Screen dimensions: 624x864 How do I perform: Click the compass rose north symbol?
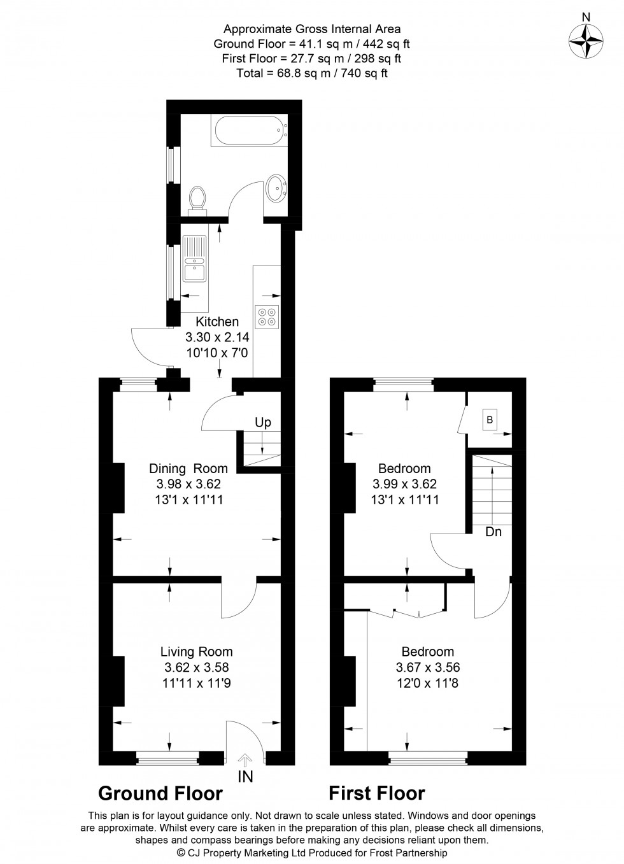(586, 41)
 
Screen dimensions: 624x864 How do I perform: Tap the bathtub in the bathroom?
(249, 131)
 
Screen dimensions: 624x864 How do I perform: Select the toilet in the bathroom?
(197, 201)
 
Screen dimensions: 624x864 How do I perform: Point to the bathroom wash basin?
(276, 188)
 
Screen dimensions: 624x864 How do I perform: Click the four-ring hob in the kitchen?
(267, 316)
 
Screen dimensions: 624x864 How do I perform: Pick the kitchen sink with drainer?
(195, 258)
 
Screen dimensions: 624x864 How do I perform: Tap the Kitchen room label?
(217, 322)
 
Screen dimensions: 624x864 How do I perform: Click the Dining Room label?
(188, 468)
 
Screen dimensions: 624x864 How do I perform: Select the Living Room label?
(197, 651)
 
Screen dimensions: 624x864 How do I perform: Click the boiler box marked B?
(490, 420)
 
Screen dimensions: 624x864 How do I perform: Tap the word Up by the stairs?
(263, 423)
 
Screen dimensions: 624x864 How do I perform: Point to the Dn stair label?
(493, 532)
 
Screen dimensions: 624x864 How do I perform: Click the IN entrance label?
(245, 776)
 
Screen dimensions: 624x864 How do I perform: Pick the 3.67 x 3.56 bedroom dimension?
(428, 667)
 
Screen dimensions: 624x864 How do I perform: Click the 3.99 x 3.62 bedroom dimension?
(404, 484)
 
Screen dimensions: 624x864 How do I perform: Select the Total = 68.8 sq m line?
(312, 73)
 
